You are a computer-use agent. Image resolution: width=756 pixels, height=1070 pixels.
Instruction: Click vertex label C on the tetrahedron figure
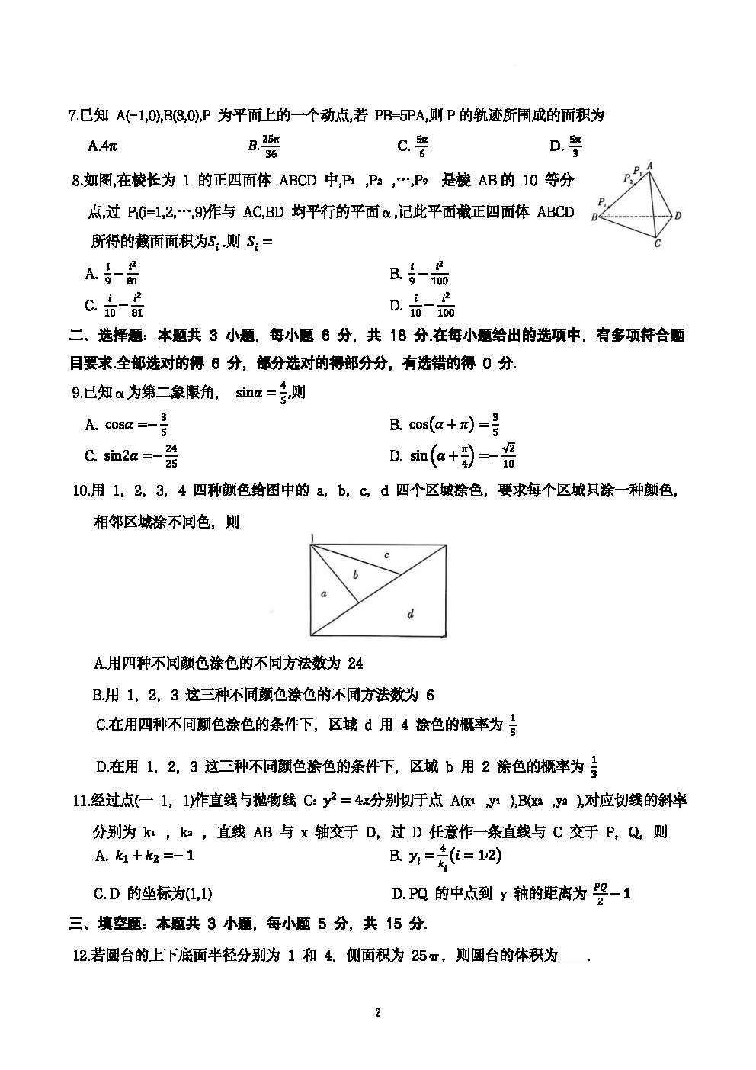tap(657, 243)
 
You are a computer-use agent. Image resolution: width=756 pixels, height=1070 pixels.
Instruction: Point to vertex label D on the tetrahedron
tap(678, 216)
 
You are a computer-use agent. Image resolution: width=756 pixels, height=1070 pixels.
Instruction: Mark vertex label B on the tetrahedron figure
tap(594, 217)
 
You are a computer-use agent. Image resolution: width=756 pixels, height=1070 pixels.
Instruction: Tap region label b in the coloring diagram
tap(355, 574)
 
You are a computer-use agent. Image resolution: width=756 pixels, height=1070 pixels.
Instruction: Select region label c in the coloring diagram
tap(386, 555)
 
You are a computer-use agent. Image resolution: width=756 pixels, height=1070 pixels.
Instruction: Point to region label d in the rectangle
tap(411, 613)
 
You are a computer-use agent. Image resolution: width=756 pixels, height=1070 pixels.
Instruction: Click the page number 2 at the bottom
tap(377, 1013)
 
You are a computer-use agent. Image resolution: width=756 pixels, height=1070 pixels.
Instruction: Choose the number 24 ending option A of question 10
tap(355, 663)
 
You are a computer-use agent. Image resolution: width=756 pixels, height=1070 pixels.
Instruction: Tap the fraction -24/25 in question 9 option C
tap(168, 456)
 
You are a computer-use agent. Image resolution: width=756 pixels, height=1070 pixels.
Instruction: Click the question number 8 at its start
tap(76, 181)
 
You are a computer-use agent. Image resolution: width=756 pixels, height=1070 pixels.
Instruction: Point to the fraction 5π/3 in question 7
tap(575, 146)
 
